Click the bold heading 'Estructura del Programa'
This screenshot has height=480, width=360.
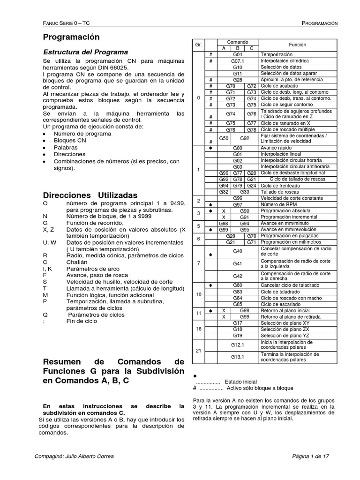pyautogui.click(x=85, y=52)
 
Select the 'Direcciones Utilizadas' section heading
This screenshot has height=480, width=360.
pyautogui.click(x=90, y=195)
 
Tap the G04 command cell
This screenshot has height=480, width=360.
pyautogui.click(x=238, y=55)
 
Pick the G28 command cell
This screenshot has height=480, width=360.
pyautogui.click(x=238, y=80)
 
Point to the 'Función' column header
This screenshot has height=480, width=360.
pyautogui.click(x=298, y=45)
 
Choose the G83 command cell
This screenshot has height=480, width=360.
pyautogui.click(x=238, y=291)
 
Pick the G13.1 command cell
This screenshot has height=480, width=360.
pyautogui.click(x=238, y=357)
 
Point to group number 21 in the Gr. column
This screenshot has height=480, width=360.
pyautogui.click(x=198, y=351)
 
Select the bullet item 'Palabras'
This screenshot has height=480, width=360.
pyautogui.click(x=66, y=147)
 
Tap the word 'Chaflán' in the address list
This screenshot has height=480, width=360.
pyautogui.click(x=77, y=262)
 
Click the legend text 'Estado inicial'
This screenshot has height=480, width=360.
pyautogui.click(x=240, y=381)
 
